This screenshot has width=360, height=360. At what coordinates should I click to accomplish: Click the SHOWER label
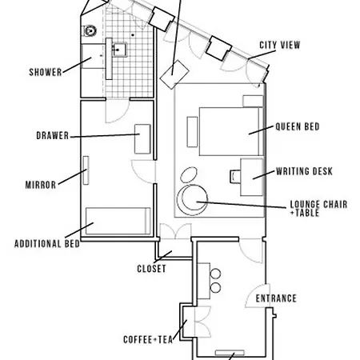(x=46, y=72)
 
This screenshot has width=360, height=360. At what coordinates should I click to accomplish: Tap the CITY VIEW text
(x=279, y=45)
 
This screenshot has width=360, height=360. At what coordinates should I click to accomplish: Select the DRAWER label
(x=51, y=135)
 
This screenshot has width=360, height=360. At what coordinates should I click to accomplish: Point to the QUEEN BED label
(x=298, y=126)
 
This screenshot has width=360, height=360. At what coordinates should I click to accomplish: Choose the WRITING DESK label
(x=303, y=171)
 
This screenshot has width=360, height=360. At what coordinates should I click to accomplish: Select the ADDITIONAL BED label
(x=47, y=243)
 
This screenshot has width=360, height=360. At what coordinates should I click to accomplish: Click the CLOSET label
(x=151, y=269)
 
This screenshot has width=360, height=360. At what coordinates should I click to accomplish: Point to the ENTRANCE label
(x=276, y=298)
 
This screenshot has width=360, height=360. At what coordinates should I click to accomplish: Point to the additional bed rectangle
(x=118, y=221)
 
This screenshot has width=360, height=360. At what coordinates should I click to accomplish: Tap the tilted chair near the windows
(x=173, y=75)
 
